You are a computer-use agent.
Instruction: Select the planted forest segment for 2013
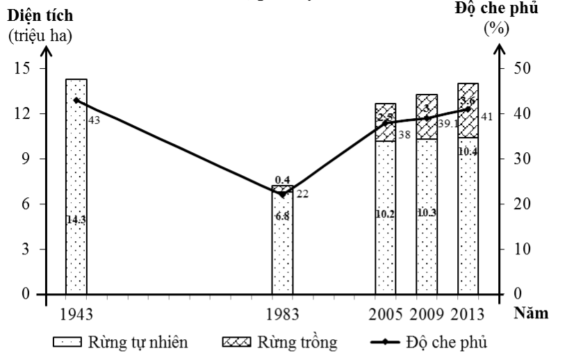click(468, 111)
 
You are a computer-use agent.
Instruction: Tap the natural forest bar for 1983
click(282, 243)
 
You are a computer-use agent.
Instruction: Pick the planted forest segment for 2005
click(385, 122)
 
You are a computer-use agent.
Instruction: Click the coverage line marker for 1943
click(76, 100)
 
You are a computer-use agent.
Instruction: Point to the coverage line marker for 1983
click(282, 195)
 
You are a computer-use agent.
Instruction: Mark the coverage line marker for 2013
click(468, 109)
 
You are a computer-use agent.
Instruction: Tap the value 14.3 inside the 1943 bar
click(76, 220)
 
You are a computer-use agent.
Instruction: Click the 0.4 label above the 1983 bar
click(282, 180)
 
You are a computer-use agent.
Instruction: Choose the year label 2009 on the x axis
click(426, 313)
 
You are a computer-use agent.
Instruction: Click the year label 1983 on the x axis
click(282, 313)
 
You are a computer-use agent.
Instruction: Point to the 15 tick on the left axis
click(23, 68)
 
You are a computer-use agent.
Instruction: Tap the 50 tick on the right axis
click(522, 68)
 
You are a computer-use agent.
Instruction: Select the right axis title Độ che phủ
click(496, 10)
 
